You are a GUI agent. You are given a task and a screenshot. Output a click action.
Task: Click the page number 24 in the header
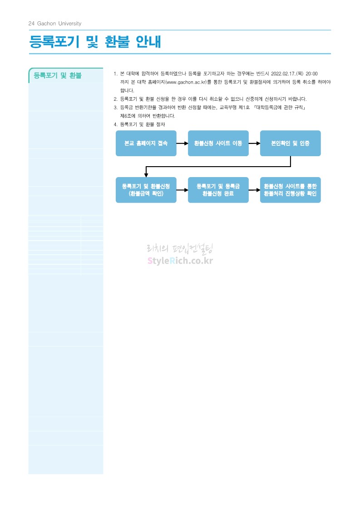(31, 24)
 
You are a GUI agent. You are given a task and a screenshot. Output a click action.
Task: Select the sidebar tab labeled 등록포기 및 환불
(58, 76)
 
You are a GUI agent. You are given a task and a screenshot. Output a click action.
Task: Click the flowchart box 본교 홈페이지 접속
(146, 143)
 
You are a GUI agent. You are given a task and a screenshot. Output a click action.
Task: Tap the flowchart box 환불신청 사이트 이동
(218, 143)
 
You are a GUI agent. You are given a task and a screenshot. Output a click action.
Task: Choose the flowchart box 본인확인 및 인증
(290, 143)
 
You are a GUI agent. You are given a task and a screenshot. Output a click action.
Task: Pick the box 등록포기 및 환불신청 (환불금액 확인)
(146, 190)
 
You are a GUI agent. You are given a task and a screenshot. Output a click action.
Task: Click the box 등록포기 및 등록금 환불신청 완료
(218, 190)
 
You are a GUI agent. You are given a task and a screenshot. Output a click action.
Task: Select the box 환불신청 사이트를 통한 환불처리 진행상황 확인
(290, 190)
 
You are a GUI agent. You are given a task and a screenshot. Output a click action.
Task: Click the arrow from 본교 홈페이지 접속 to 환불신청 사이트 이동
(182, 143)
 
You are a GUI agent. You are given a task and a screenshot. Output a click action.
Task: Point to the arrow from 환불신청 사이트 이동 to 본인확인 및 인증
(254, 143)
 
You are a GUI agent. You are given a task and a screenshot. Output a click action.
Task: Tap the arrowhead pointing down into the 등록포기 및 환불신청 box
(146, 174)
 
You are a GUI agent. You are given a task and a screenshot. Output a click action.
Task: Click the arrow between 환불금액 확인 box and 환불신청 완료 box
(182, 190)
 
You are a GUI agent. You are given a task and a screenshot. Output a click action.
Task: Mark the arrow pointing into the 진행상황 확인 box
(254, 190)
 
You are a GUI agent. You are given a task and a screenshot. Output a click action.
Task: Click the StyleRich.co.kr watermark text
(180, 261)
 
